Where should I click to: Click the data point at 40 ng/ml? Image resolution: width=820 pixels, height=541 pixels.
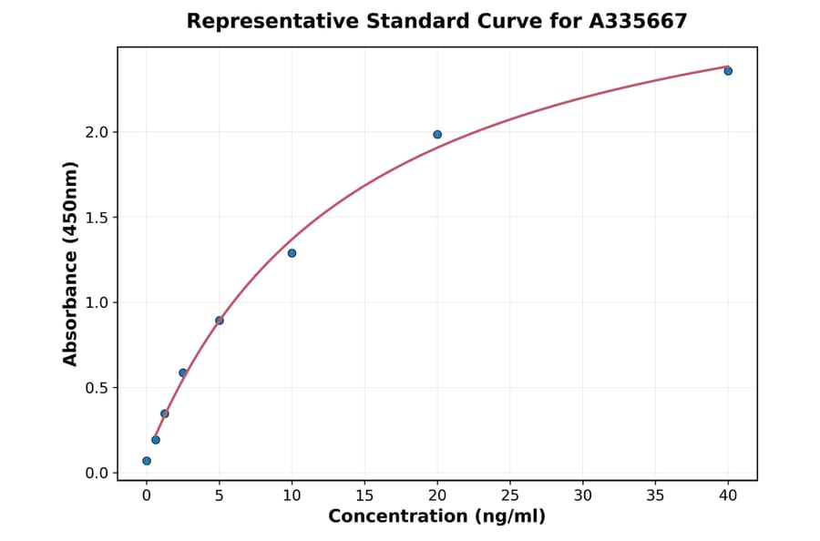[728, 71]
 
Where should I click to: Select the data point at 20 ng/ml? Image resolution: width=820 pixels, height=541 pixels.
[437, 135]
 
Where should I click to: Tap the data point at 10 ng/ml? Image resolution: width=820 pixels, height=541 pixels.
[292, 253]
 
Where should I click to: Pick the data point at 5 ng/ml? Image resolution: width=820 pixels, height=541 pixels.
[220, 321]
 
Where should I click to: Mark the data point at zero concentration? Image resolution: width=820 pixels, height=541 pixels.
[147, 461]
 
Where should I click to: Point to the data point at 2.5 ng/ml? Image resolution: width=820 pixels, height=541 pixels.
[183, 373]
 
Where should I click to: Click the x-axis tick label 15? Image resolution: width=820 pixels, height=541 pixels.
[364, 496]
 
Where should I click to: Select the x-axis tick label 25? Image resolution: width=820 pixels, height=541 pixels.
[510, 496]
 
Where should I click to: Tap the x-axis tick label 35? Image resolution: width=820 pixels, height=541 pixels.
[655, 496]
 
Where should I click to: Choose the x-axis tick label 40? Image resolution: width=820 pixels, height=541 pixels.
[728, 496]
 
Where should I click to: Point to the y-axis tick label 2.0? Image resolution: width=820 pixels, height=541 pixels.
[96, 132]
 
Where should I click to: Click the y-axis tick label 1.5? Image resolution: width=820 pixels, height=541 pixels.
[96, 218]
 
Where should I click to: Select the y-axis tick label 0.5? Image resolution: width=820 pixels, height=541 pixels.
[96, 388]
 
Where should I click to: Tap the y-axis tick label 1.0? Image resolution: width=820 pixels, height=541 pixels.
[96, 302]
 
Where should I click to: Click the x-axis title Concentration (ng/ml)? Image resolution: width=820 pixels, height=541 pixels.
[436, 517]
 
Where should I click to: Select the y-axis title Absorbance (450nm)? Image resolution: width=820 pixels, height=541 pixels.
[70, 264]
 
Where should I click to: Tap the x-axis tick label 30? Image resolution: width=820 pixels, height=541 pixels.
[582, 496]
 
